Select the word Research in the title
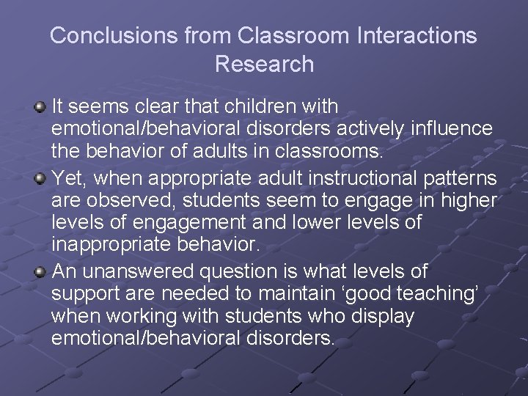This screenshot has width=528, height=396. point(264,64)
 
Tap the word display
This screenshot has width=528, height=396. point(384,318)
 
